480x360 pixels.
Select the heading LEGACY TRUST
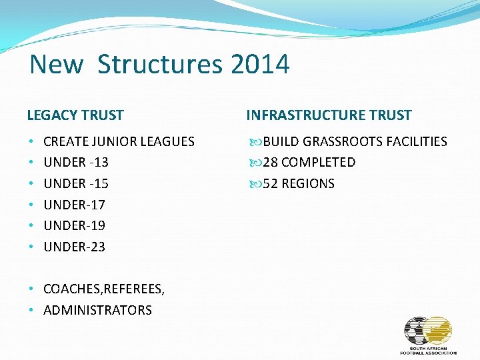click(x=75, y=115)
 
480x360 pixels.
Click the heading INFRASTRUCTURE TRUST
click(x=329, y=115)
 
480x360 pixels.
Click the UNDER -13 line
click(x=76, y=162)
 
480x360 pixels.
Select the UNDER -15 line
click(x=76, y=183)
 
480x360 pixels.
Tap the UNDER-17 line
click(x=75, y=204)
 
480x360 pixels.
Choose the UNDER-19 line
click(x=75, y=225)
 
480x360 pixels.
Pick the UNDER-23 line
click(x=75, y=247)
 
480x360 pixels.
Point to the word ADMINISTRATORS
click(x=97, y=310)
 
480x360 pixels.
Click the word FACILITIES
click(x=417, y=141)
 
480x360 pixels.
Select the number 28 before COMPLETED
click(x=270, y=162)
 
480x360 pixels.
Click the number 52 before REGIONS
click(x=270, y=183)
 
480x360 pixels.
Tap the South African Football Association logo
click(x=428, y=335)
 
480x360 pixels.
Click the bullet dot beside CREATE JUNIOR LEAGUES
click(x=31, y=141)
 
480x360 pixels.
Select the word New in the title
click(x=57, y=65)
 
